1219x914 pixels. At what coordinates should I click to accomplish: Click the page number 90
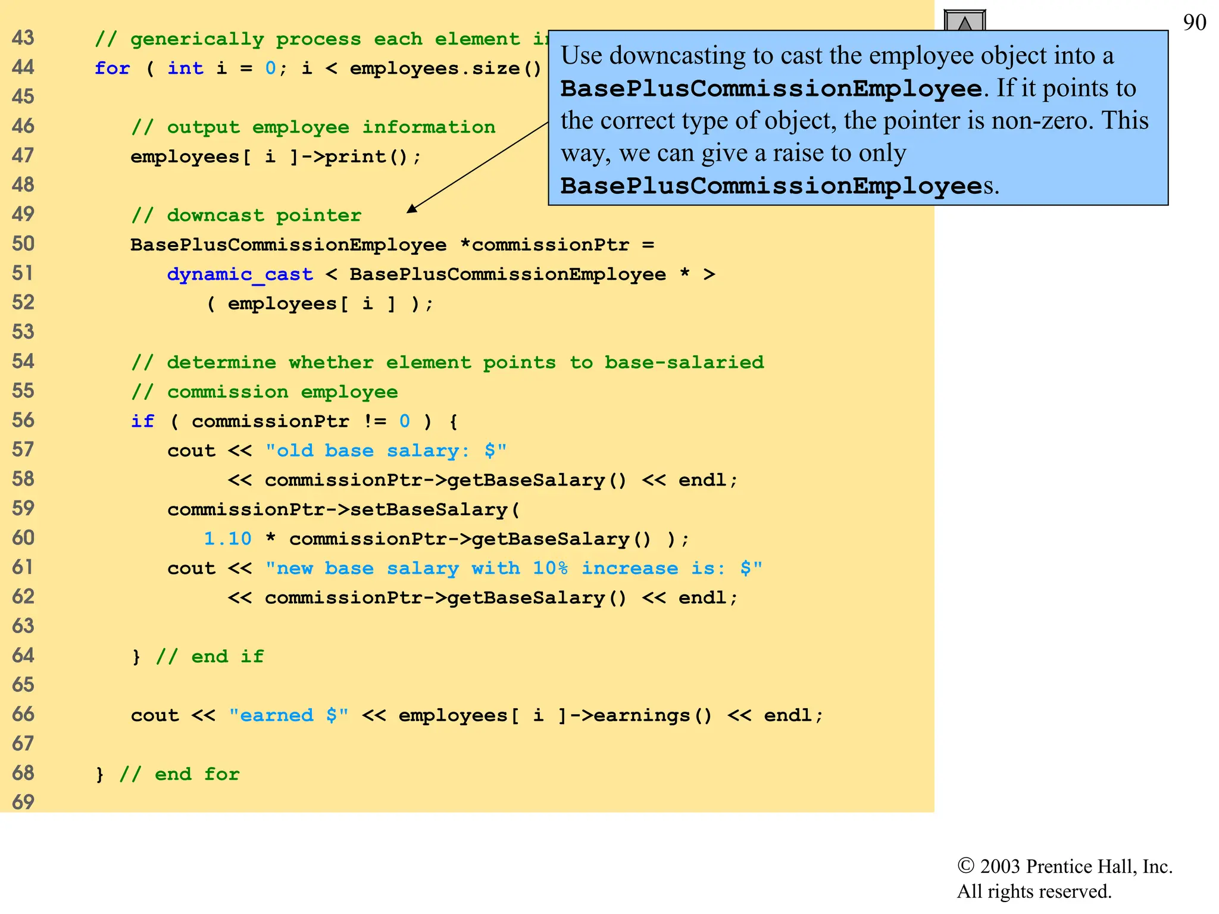tap(1194, 23)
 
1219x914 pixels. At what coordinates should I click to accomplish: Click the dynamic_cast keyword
tap(239, 274)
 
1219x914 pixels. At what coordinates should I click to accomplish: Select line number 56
tap(23, 421)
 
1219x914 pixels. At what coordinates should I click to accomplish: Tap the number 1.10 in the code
tap(227, 539)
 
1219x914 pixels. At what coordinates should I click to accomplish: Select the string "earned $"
tap(289, 715)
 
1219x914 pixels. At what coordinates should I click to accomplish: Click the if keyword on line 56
tap(143, 421)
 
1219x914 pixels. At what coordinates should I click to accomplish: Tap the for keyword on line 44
tap(112, 68)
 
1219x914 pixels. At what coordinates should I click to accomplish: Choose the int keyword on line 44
tap(185, 68)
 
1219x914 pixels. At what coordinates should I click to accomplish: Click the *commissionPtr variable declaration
tap(544, 245)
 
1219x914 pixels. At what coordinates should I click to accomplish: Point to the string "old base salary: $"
tap(386, 450)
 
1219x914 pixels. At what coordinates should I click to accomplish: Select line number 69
tap(23, 802)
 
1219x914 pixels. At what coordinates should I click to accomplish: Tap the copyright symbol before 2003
tap(965, 866)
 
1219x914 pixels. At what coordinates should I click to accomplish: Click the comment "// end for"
tap(179, 774)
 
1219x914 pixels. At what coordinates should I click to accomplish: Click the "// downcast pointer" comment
tap(246, 215)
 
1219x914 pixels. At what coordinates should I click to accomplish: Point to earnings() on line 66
tap(652, 715)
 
